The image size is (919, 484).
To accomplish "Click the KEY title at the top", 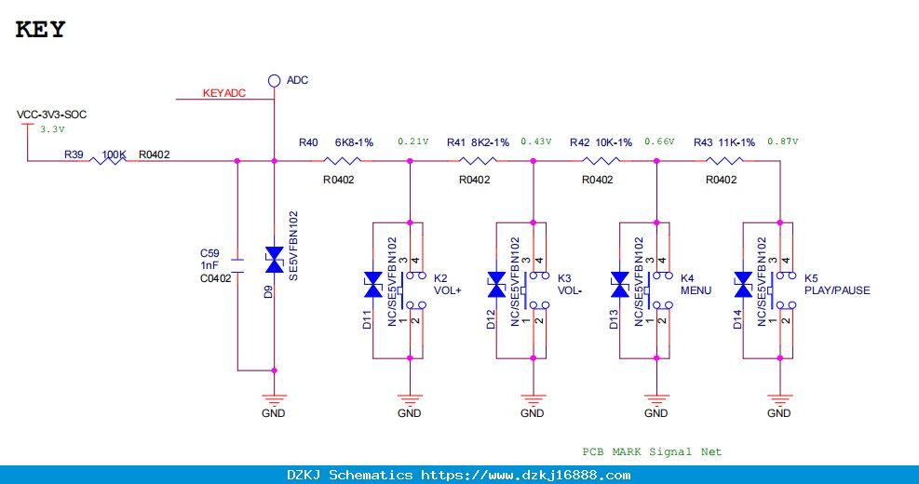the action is coord(40,29).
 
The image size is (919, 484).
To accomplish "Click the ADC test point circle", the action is coord(274,81).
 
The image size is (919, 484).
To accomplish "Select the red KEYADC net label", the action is coord(223,93).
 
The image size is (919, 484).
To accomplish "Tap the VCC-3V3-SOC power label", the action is coord(51,114).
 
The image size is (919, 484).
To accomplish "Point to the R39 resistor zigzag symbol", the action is coord(108,160).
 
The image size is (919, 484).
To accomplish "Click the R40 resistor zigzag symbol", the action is coord(343,160).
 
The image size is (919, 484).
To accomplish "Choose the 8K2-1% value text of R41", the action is coord(490,142).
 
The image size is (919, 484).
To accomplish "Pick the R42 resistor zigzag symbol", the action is coord(601,160).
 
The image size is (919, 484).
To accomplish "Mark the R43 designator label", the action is coord(703,142).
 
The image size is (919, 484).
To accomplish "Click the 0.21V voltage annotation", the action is coord(413,141).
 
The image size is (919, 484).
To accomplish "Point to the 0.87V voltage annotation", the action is coord(783,141).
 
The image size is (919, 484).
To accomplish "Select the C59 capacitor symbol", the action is coord(237,265).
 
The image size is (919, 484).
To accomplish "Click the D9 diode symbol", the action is coord(275,260).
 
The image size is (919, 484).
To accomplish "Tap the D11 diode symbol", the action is coord(373,285).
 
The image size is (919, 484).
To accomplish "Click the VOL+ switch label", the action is coord(447,290).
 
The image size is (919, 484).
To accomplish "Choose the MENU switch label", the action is coord(696,290).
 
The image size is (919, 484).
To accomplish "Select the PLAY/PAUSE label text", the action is coord(837,290).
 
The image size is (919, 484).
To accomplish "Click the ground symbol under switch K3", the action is coord(533,400).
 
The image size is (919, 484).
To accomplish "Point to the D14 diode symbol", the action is coord(743,285).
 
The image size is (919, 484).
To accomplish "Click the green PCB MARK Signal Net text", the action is coord(652,451).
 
